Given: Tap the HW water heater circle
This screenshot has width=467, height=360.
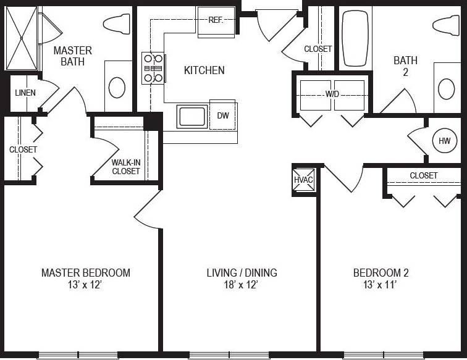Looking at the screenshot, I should tap(444, 141).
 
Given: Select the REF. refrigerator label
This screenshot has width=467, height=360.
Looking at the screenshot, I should tap(216, 20).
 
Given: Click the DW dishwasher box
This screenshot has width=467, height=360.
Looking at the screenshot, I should tap(222, 115).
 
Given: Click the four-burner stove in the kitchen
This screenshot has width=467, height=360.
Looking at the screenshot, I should tap(153, 67).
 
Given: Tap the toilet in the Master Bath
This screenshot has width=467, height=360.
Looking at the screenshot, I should tap(118, 23).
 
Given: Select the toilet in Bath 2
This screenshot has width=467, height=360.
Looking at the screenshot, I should tap(447, 24).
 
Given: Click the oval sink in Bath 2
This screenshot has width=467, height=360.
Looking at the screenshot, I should tap(447, 88).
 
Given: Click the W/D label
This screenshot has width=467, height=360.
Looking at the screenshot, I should tap(333, 94).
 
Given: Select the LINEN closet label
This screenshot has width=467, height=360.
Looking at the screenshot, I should tap(25, 93).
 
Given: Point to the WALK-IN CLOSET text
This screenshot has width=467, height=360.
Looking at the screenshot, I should tap(126, 167).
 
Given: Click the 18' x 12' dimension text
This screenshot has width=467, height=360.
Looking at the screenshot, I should tap(241, 285).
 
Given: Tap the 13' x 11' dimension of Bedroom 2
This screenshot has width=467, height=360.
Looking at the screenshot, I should tap(381, 285).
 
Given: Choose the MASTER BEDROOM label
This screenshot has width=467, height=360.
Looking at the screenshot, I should tap(85, 272).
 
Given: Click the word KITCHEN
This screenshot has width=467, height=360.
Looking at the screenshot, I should tap(204, 70).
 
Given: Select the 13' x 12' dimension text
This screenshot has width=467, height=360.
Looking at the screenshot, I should tap(85, 285).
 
